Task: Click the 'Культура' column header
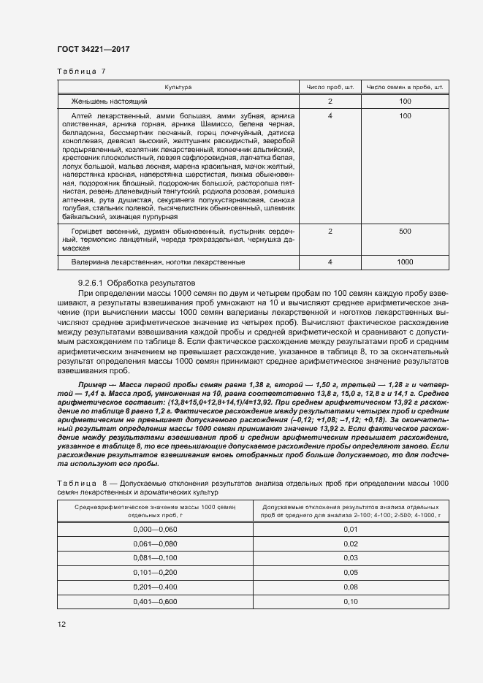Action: click(178, 87)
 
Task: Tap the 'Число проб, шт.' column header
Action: click(330, 87)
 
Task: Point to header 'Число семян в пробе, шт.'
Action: click(405, 87)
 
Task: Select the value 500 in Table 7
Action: click(405, 231)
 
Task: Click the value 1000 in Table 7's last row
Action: click(405, 262)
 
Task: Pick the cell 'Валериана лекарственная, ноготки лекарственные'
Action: click(158, 262)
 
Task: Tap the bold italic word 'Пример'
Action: click(93, 384)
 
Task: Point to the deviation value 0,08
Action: click(350, 587)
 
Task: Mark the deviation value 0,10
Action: click(350, 601)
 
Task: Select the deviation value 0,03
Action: click(350, 557)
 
